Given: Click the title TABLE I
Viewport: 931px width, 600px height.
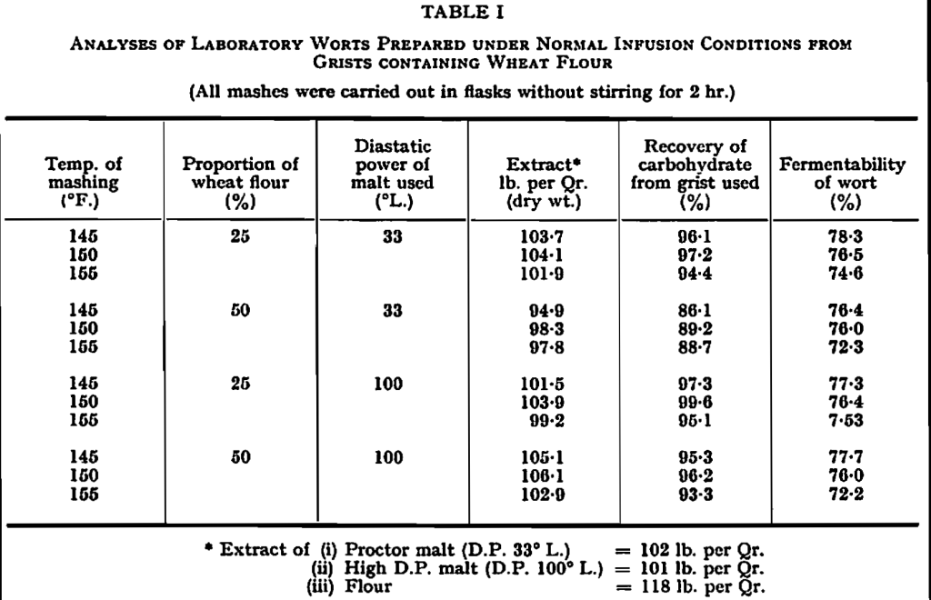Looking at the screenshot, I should [x=465, y=13].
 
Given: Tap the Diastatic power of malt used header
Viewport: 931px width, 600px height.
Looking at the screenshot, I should [x=393, y=175].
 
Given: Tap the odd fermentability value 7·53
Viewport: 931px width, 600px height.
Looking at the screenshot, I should [x=839, y=422].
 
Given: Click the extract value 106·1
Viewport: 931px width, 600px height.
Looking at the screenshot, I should [x=543, y=475].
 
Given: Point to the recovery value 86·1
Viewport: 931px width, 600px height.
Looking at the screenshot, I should [x=695, y=310].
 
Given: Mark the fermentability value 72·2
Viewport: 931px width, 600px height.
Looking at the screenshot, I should [x=839, y=495].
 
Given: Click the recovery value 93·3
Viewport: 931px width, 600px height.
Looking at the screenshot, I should [x=695, y=495].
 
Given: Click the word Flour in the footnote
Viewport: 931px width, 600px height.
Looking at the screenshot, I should [x=370, y=586].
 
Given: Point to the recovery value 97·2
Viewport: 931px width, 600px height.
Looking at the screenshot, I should [x=695, y=255].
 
